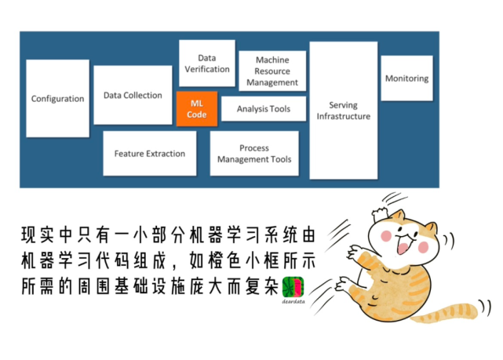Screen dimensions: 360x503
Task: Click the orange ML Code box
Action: tap(197, 109)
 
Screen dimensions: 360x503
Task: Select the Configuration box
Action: tap(57, 99)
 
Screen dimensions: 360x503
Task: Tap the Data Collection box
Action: tap(133, 95)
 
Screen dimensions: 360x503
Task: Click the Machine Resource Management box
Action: tap(272, 71)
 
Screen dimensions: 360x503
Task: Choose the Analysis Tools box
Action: tap(263, 109)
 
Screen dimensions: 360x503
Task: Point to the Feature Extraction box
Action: tap(150, 153)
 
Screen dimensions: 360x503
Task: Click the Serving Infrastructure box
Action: tap(343, 110)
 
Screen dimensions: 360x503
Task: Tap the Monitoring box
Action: tap(406, 78)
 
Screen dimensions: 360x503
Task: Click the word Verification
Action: tap(207, 69)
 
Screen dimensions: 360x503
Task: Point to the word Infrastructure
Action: tap(343, 116)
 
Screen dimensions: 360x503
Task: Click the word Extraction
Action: tap(166, 154)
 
